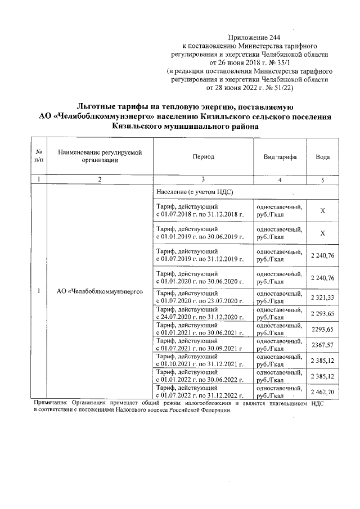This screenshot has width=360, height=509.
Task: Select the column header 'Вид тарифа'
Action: pos(280,157)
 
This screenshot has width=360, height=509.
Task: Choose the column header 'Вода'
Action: pos(322,157)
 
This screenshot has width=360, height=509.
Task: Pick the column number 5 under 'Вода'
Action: pos(322,179)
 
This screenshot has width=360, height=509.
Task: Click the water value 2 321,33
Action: pos(322,296)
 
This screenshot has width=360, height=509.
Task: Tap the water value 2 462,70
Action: pos(322,391)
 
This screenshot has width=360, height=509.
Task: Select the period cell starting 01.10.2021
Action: pos(200,360)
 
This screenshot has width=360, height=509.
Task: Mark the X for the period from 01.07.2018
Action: pos(322,210)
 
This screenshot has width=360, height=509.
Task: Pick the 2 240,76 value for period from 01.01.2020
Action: pos(322,278)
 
